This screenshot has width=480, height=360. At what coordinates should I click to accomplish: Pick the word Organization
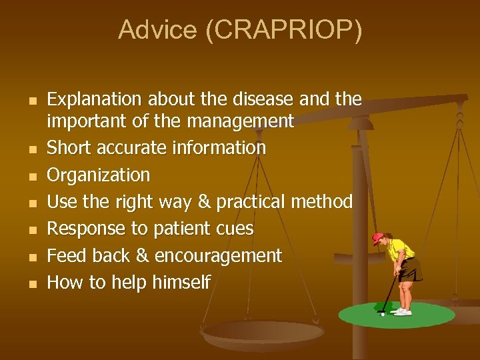pyautogui.click(x=99, y=175)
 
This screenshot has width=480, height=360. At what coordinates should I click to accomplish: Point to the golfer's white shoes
pyautogui.click(x=402, y=311)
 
